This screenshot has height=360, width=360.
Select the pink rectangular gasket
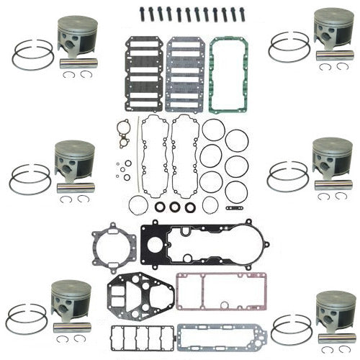[204, 290]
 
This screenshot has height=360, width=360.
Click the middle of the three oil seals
[174, 207]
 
